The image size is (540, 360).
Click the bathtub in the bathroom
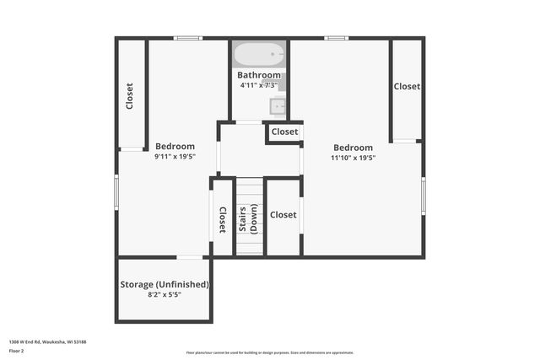click(259, 56)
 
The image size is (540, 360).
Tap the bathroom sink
click(278, 105)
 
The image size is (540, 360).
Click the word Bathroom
click(258, 75)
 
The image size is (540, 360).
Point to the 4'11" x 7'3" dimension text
click(258, 85)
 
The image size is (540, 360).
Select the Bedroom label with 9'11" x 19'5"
click(175, 146)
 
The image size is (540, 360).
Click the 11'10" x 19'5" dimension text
click(353, 157)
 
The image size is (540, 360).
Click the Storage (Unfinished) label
click(165, 284)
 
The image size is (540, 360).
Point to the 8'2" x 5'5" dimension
click(165, 295)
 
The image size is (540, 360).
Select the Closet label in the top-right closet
click(407, 86)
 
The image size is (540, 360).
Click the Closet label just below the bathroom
click(284, 132)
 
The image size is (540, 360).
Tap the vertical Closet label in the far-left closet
click(130, 95)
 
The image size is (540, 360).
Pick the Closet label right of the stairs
click(283, 215)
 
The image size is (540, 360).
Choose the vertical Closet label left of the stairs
click(223, 219)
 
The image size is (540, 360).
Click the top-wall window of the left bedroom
click(188, 37)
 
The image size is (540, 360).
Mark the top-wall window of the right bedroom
click(337, 37)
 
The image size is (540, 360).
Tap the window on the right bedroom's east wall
click(424, 196)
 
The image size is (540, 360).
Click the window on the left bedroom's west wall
click(116, 191)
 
